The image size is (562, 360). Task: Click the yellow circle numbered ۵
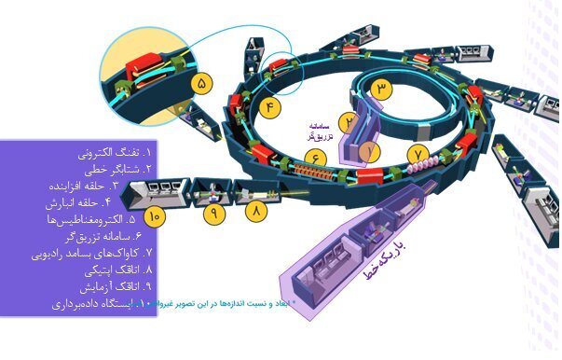point(204,83)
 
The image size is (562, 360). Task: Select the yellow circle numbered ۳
point(384,90)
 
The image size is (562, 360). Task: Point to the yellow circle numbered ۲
point(346,121)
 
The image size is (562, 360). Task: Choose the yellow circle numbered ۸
point(256,213)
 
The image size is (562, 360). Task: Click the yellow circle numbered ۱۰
point(156,216)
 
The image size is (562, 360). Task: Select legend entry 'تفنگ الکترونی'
point(103,151)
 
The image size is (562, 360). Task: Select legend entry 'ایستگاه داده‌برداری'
point(89,303)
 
